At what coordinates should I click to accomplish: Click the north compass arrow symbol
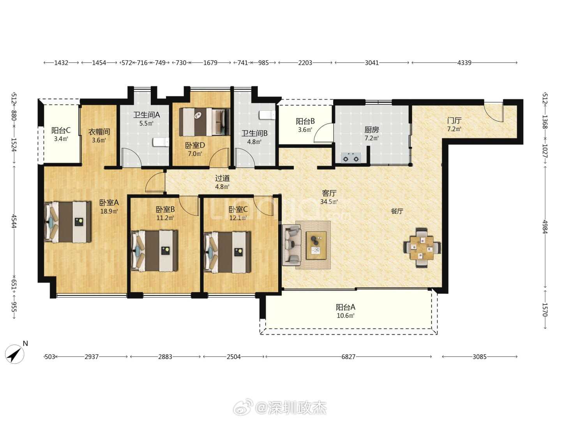tap(14, 354)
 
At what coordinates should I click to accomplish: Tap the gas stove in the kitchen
tap(351, 157)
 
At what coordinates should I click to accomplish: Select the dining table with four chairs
tap(422, 248)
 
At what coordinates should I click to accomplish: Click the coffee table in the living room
tap(316, 246)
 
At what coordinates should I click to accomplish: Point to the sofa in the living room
tap(292, 245)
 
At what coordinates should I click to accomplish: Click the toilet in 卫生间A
tap(161, 142)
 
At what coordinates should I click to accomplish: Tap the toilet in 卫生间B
tap(267, 115)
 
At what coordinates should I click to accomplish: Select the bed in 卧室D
tap(205, 122)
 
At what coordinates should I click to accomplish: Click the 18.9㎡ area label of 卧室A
tap(109, 211)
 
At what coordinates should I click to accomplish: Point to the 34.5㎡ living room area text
tap(329, 202)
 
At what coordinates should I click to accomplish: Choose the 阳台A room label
tap(345, 307)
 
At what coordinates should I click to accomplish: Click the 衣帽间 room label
tap(99, 132)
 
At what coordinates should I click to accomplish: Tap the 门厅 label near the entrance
tap(454, 120)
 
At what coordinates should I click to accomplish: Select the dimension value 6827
tap(348, 357)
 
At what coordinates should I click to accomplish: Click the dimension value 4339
tap(464, 63)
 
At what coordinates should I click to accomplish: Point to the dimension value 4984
tap(545, 226)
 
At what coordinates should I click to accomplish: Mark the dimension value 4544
tap(14, 221)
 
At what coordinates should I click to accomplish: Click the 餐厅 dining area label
tap(397, 211)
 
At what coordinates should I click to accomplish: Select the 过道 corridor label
tap(222, 178)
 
